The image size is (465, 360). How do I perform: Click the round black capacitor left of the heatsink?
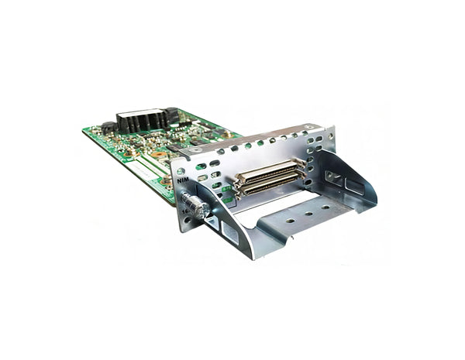(109, 126)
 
